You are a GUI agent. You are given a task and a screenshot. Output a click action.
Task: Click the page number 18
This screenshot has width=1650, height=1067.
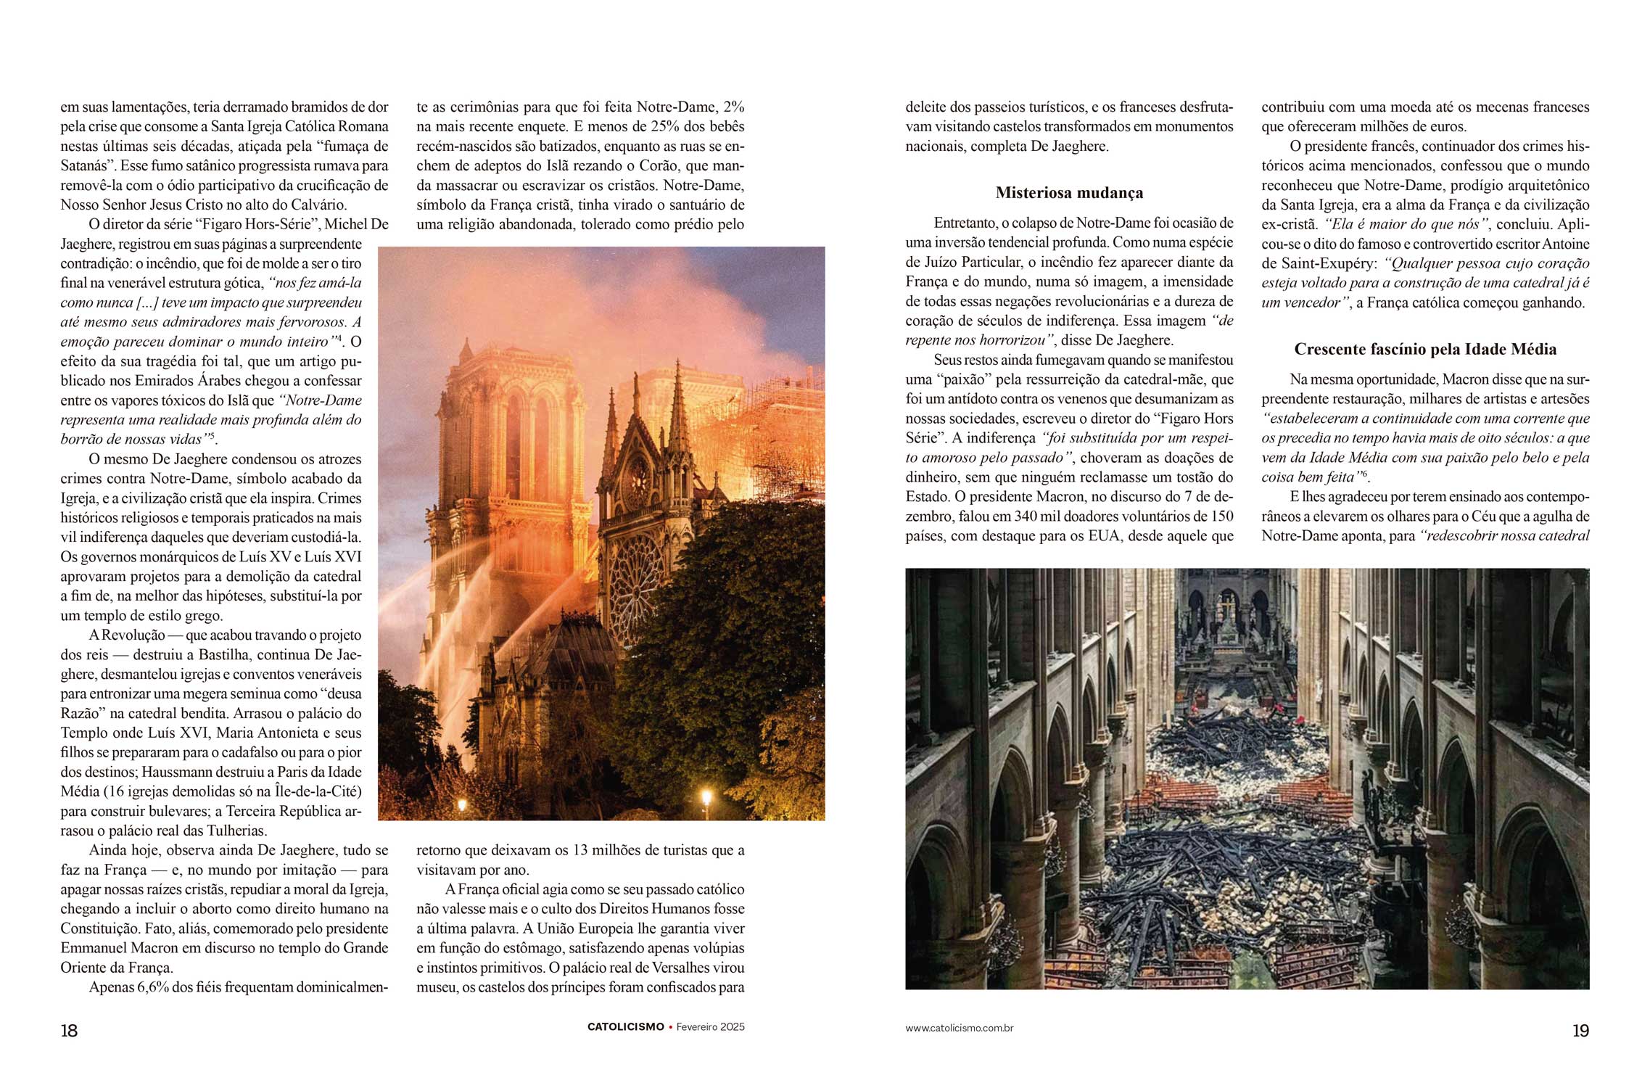pyautogui.click(x=69, y=1030)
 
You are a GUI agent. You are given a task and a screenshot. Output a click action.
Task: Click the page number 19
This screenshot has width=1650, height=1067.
pyautogui.click(x=1580, y=1030)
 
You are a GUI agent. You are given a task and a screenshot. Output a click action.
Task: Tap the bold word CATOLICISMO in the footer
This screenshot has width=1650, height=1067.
pyautogui.click(x=625, y=1027)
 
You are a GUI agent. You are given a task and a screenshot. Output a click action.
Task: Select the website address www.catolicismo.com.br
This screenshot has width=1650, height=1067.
pyautogui.click(x=959, y=1028)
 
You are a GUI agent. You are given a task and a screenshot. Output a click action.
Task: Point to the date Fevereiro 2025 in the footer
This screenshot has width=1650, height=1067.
pyautogui.click(x=710, y=1027)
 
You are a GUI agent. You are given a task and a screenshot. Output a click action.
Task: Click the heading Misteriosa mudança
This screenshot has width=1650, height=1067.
pyautogui.click(x=1069, y=193)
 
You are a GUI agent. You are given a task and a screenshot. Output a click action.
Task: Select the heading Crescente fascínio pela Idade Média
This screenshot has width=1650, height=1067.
pyautogui.click(x=1425, y=350)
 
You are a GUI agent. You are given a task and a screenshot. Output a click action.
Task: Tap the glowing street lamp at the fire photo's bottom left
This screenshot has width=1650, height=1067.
pyautogui.click(x=462, y=804)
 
